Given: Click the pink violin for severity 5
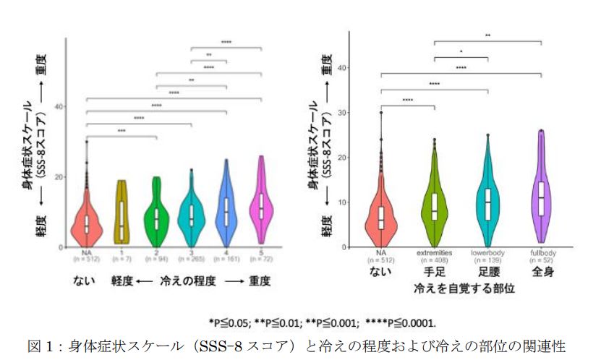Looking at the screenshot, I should pyautogui.click(x=261, y=206).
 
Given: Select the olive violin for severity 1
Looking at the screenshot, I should pyautogui.click(x=122, y=213).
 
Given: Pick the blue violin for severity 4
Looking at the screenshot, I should pyautogui.click(x=226, y=210).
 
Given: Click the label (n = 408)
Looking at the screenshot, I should pyautogui.click(x=434, y=262).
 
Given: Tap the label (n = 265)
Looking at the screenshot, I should pyautogui.click(x=192, y=258).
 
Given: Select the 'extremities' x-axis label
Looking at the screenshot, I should pyautogui.click(x=434, y=254).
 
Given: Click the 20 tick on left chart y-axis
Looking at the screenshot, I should pyautogui.click(x=61, y=176).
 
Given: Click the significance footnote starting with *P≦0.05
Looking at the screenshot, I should pyautogui.click(x=323, y=322).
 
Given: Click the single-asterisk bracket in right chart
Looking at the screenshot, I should pyautogui.click(x=461, y=56).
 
